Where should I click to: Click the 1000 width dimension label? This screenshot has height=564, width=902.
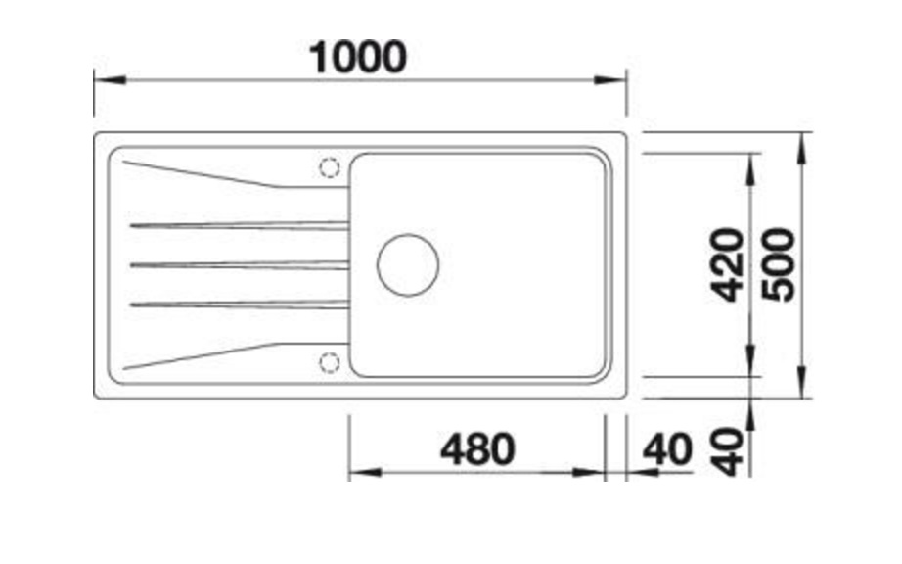(357, 57)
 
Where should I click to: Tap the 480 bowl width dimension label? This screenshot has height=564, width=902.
(477, 449)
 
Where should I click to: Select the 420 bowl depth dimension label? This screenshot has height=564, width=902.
(727, 264)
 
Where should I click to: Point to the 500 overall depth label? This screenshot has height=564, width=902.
(778, 264)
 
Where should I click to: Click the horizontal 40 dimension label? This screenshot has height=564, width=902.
(667, 449)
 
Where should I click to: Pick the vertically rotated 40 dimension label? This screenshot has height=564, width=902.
(727, 451)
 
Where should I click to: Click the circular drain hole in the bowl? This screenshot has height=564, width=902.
(408, 265)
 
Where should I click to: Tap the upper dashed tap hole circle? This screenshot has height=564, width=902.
(329, 168)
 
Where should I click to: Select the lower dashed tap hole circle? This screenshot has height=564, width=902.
(329, 363)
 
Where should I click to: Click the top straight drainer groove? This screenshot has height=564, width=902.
(240, 225)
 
